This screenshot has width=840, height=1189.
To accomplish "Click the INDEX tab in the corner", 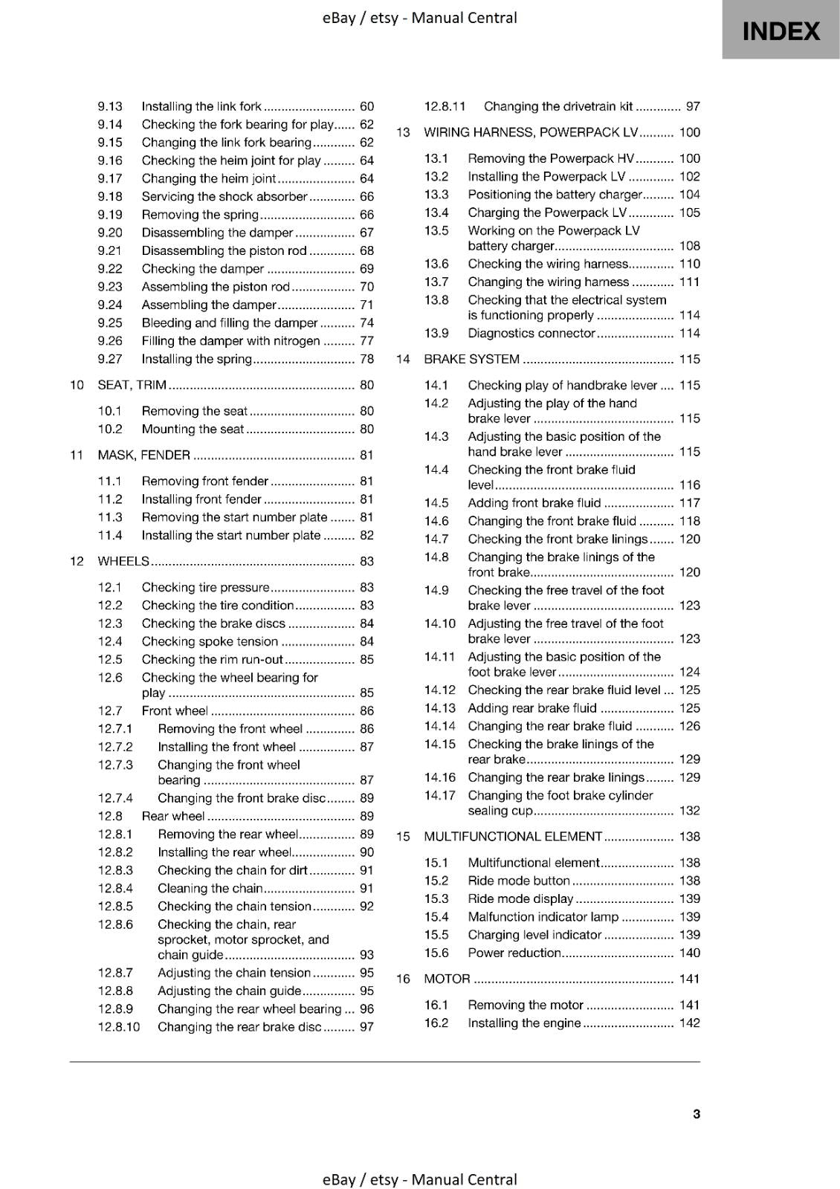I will coord(781,31).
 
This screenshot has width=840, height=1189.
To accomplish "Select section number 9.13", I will coord(110,106).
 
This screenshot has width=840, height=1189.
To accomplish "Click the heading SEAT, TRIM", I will coord(132,385).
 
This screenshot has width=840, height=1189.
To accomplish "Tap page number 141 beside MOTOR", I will coord(689,979).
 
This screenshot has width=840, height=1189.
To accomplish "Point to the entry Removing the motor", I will coord(526,1005).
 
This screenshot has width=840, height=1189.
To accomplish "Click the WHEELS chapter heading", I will coord(123,561).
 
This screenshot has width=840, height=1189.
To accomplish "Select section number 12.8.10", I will coord(119,1027).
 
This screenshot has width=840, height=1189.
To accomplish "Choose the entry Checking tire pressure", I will coord(205,587).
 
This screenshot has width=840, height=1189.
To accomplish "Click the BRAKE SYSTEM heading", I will coord(471,359).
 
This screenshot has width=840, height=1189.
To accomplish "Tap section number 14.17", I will coord(439,795).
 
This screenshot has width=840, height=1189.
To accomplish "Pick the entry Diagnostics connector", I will coord(532,333).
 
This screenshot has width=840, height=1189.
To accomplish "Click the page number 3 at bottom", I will coord(696,1113).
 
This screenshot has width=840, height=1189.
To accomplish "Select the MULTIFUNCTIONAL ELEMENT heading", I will coord(513,836).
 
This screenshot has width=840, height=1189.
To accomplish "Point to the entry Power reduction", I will coord(514,953).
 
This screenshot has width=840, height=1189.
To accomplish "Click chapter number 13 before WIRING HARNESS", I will coord(403,132).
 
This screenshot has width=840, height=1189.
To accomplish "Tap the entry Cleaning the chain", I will coord(210,888).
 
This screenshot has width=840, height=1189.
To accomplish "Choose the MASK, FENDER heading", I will coord(144,455).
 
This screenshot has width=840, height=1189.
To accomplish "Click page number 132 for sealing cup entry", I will coord(689,811).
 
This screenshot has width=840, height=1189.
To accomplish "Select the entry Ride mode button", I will coord(519,881).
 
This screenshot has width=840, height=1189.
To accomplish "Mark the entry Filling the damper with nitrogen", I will coord(230,341).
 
